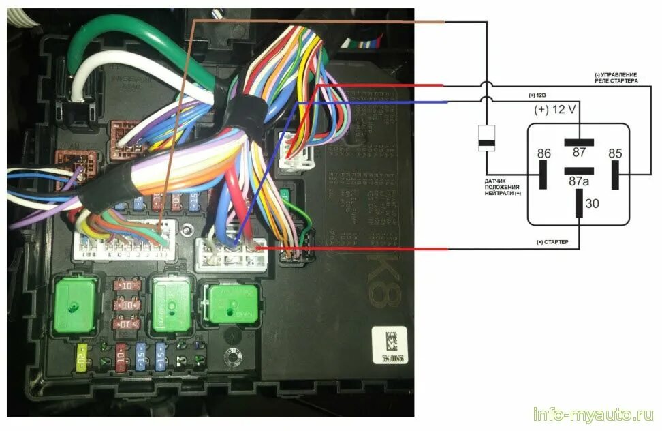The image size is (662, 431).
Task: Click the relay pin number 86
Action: pyautogui.click(x=543, y=153)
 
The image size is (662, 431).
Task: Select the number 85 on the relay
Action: pyautogui.click(x=615, y=153)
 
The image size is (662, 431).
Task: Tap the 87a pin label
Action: pyautogui.click(x=579, y=181)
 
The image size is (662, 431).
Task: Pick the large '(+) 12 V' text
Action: pyautogui.click(x=555, y=109)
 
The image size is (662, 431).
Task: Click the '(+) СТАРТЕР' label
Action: pyautogui.click(x=553, y=243)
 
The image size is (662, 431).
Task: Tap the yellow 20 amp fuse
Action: pyautogui.click(x=81, y=357)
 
